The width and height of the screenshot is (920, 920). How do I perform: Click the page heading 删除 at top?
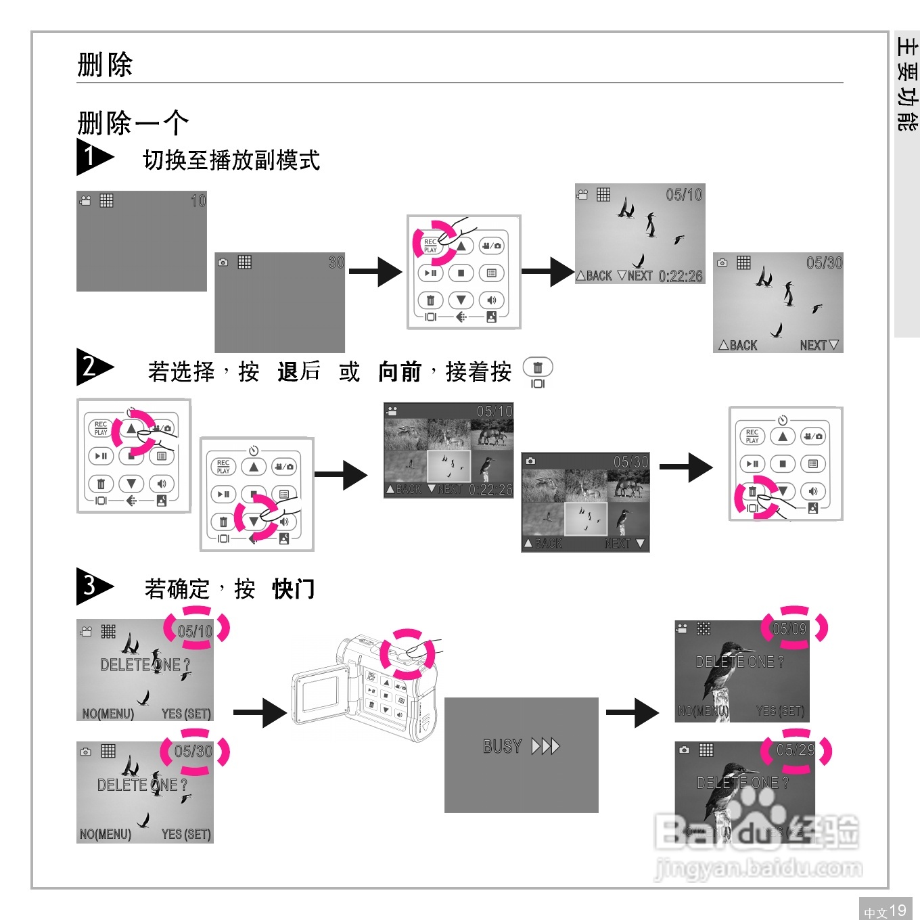pyautogui.click(x=105, y=65)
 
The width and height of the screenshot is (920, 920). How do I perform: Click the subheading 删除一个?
pyautogui.click(x=133, y=123)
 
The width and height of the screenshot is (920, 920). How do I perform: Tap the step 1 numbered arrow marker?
pyautogui.click(x=93, y=157)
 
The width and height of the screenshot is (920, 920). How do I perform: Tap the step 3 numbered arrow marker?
pyautogui.click(x=93, y=586)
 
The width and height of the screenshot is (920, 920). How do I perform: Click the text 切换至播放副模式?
pyautogui.click(x=231, y=160)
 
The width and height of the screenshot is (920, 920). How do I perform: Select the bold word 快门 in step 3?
pyautogui.click(x=294, y=589)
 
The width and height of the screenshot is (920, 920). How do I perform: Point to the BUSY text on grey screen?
pyautogui.click(x=502, y=746)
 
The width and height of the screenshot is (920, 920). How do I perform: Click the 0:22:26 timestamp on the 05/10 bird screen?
pyautogui.click(x=681, y=276)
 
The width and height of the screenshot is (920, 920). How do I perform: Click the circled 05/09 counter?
pyautogui.click(x=789, y=629)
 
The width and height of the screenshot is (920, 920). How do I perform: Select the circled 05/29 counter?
pyautogui.click(x=796, y=750)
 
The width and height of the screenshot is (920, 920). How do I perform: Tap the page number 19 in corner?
pyautogui.click(x=897, y=910)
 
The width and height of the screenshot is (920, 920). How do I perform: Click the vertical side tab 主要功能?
pyautogui.click(x=906, y=85)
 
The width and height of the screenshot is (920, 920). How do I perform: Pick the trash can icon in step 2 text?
pyautogui.click(x=538, y=367)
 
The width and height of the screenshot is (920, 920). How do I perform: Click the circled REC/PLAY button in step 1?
pyautogui.click(x=431, y=245)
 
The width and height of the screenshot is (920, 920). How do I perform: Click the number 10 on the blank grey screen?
pyautogui.click(x=198, y=201)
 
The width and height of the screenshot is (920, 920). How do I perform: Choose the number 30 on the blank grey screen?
pyautogui.click(x=336, y=262)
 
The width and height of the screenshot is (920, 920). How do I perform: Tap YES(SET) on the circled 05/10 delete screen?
pyautogui.click(x=186, y=714)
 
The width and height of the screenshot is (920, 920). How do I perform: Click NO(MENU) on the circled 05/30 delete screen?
pyautogui.click(x=106, y=834)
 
